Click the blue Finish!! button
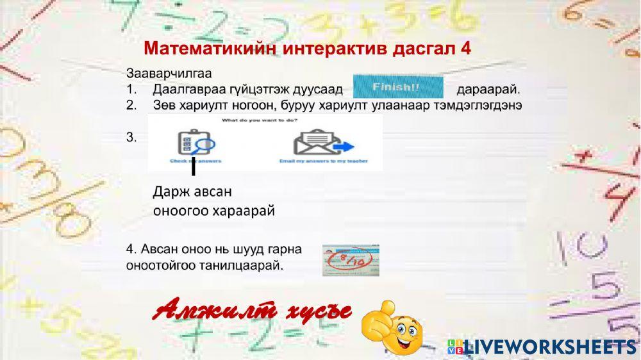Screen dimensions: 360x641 (x=398, y=87)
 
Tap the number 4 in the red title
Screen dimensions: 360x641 (x=465, y=49)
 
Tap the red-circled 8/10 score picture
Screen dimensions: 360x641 (x=351, y=260)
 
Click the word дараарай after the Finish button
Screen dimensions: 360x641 (x=488, y=88)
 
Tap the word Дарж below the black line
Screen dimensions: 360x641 (x=168, y=192)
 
